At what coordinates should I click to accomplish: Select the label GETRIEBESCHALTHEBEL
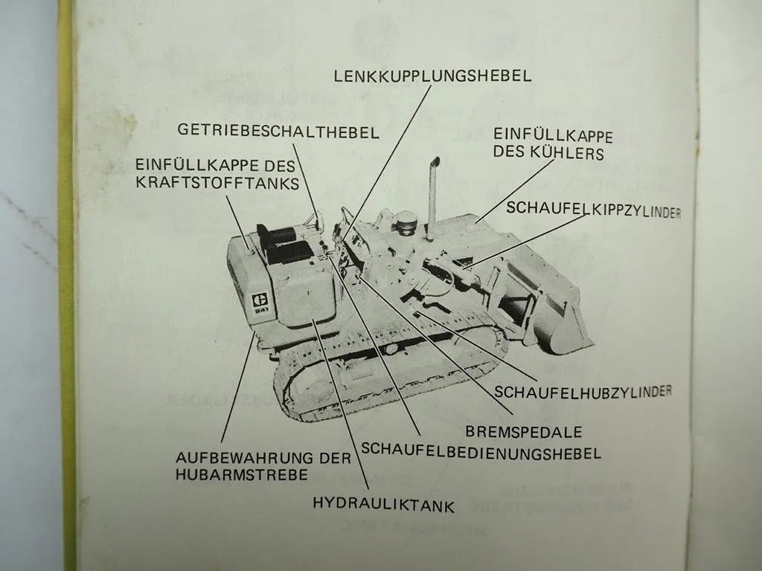[278, 132]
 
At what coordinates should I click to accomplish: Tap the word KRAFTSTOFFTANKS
[217, 183]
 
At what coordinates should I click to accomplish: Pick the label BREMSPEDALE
[524, 431]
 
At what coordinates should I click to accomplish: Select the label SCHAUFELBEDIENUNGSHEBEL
[481, 451]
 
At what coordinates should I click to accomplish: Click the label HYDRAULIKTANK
[383, 506]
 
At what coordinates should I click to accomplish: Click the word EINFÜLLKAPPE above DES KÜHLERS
[553, 137]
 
